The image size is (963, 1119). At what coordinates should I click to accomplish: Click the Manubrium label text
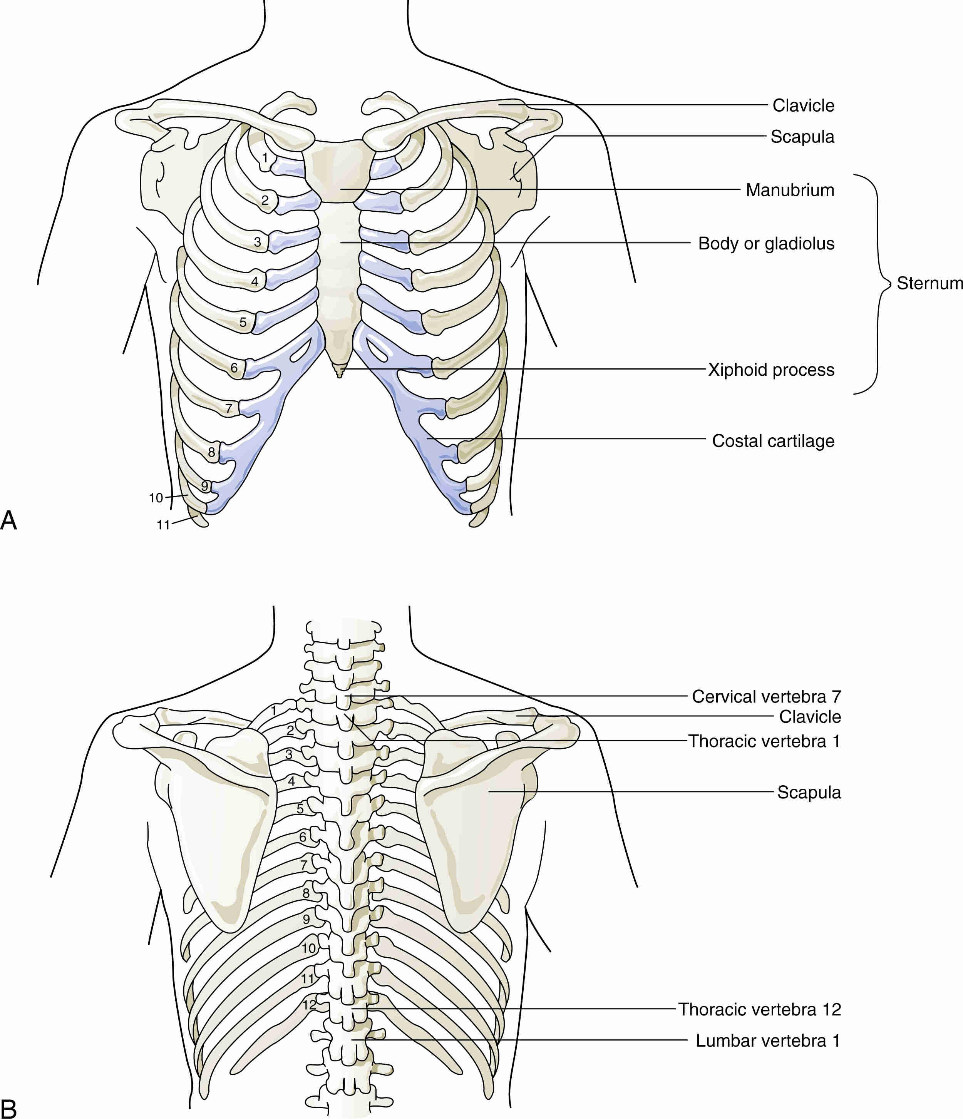(790, 190)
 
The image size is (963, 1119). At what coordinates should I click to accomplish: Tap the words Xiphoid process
(771, 370)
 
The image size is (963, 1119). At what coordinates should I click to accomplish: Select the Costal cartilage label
(773, 441)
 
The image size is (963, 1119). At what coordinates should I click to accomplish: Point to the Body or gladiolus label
(766, 244)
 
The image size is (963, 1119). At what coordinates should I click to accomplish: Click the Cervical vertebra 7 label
(766, 697)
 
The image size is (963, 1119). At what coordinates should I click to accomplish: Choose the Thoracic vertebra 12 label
(759, 1009)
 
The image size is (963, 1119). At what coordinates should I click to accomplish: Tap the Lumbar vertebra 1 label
(767, 1041)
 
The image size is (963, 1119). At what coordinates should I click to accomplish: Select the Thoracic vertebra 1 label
(764, 741)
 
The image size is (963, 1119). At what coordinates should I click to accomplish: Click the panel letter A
(8, 520)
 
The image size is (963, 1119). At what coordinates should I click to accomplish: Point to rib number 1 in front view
(265, 158)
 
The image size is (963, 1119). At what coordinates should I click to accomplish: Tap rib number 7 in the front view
(228, 409)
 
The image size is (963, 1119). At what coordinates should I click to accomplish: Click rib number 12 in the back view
(309, 1005)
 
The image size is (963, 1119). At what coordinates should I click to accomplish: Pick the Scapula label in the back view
(809, 792)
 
